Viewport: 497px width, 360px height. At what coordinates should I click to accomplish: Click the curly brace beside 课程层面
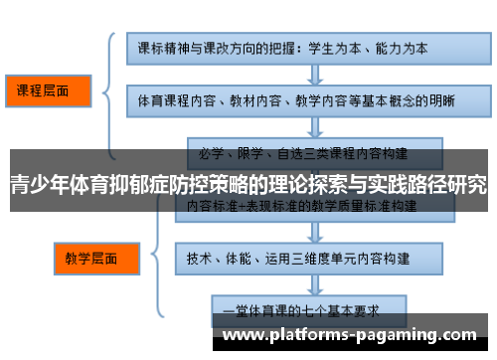point(106,91)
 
